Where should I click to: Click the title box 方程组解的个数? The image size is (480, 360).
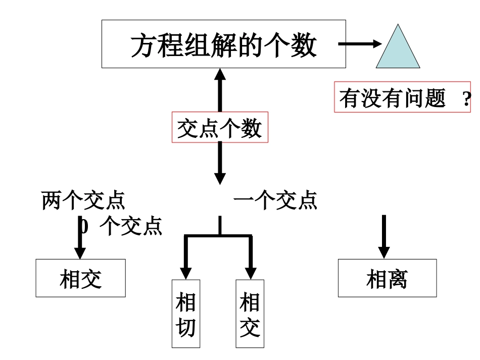click(x=223, y=44)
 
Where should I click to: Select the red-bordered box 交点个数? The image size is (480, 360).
click(x=220, y=127)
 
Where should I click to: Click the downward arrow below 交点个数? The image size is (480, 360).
click(x=220, y=163)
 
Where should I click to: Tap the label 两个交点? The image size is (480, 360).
click(x=83, y=200)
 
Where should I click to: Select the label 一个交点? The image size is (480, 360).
click(x=275, y=200)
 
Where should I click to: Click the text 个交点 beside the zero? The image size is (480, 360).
click(x=131, y=226)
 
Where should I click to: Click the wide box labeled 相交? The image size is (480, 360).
click(x=80, y=278)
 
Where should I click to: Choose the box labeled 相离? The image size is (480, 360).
click(x=387, y=278)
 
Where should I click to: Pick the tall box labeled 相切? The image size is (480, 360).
click(x=185, y=314)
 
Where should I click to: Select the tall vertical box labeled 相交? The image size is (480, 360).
click(x=250, y=314)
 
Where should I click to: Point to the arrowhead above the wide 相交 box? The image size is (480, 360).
click(x=80, y=253)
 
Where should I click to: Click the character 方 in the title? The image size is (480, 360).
click(x=142, y=45)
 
